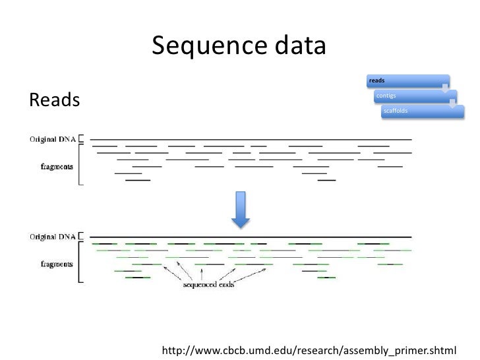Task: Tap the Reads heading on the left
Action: point(54,100)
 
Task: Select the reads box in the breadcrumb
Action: point(402,80)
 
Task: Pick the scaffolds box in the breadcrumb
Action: point(419,111)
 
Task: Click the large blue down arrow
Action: point(240,209)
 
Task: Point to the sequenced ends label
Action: point(208,285)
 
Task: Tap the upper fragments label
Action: point(57,167)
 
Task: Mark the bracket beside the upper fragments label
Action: point(80,167)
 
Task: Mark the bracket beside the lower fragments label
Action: point(80,264)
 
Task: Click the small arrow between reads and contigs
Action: point(446,86)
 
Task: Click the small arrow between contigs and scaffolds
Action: point(453,102)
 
